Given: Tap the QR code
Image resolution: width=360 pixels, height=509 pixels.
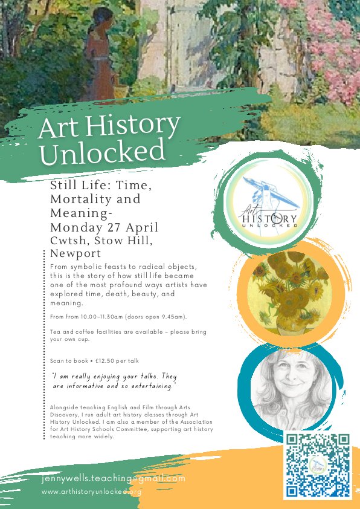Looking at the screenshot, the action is (317, 464).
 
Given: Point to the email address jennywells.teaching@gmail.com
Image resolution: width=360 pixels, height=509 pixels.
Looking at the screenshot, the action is (114, 478).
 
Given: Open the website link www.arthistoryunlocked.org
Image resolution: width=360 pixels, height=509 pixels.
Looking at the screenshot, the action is (92, 492).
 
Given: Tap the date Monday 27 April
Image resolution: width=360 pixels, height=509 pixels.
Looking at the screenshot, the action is (104, 227).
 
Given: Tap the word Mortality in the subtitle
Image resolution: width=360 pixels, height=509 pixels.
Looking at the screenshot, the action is (95, 199).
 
